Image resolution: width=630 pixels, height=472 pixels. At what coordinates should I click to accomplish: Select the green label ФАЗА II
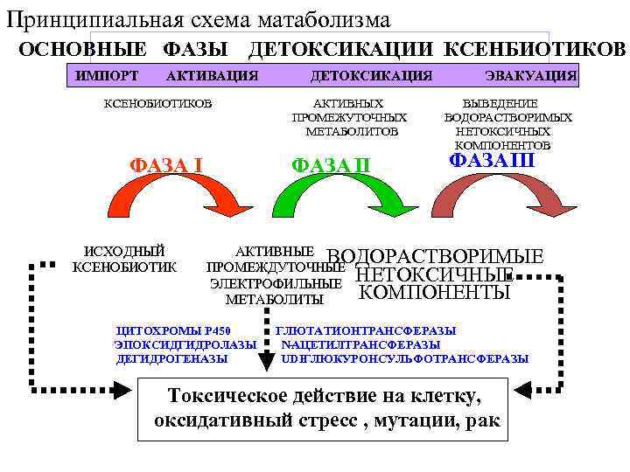[x=331, y=164]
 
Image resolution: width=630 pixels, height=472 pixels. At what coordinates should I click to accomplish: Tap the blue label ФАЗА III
[x=492, y=161]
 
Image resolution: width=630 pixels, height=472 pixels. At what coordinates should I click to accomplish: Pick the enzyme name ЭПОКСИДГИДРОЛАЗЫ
[x=185, y=344]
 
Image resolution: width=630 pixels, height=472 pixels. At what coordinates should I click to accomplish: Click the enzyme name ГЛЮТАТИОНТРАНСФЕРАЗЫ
[x=366, y=330]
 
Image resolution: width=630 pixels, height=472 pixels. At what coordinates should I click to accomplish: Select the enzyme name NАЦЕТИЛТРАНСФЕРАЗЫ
[x=360, y=344]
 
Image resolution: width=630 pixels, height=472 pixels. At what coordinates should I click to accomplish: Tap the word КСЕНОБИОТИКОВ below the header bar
[x=157, y=103]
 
